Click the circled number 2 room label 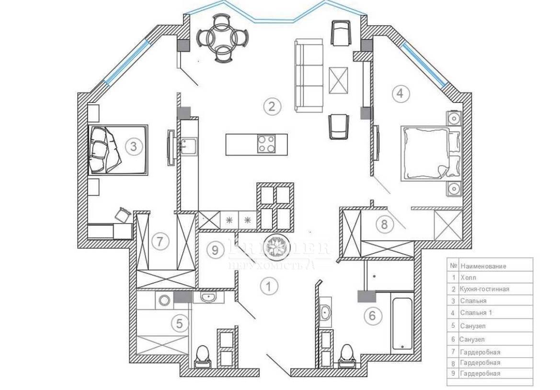272,106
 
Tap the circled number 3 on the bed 134,146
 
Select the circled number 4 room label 401,94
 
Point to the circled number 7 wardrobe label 160,242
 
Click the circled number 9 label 216,249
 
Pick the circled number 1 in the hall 269,286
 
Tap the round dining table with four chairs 223,38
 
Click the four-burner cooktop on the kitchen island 266,144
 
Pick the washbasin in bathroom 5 209,298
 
